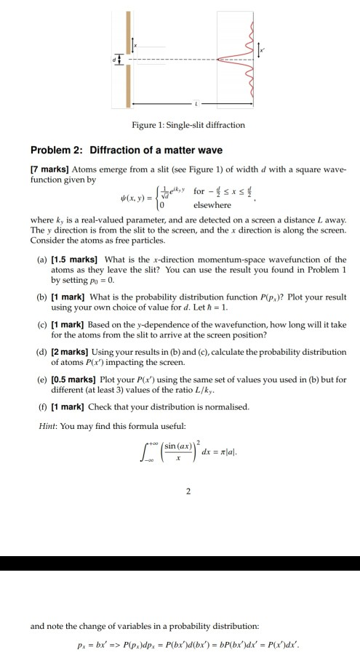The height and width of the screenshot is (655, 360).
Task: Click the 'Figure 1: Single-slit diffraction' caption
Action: [x=188, y=125]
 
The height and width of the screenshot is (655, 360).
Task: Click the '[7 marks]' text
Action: [x=49, y=169]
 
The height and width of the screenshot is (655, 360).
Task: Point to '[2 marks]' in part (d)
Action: [x=71, y=351]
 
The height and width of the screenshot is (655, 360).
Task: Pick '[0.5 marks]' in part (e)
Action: [x=75, y=379]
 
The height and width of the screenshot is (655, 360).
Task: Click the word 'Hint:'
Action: [x=47, y=425]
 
